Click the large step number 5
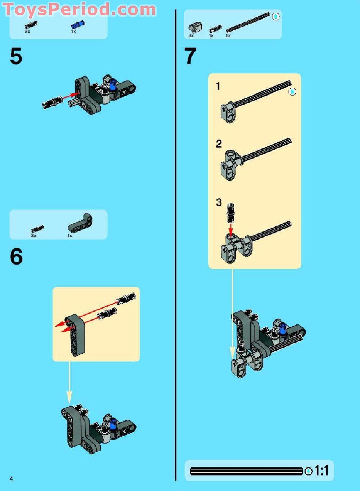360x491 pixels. click(16, 57)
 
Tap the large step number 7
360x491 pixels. click(191, 57)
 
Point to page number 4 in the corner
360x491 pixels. click(12, 479)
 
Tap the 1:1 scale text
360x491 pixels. click(321, 471)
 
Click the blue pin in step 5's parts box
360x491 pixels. click(77, 25)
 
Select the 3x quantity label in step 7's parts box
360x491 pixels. click(191, 35)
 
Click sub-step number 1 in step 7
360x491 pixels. click(218, 86)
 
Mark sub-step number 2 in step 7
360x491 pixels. click(219, 144)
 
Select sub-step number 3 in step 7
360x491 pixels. click(219, 202)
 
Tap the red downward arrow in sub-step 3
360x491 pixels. click(231, 230)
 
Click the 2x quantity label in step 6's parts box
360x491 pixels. click(34, 235)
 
